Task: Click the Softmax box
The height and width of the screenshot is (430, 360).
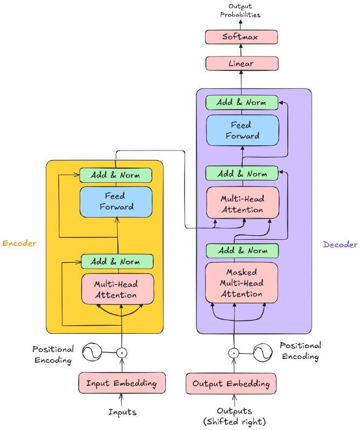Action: pos(242,37)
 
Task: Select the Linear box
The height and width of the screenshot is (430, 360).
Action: pos(242,63)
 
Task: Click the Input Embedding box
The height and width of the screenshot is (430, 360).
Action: pos(121,383)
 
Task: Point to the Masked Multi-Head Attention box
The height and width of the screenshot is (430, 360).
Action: pos(242,283)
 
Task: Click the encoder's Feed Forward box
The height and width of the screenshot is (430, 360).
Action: pos(116,202)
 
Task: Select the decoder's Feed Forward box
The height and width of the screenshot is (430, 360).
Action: pos(242,131)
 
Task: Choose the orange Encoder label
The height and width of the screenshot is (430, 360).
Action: pos(20,243)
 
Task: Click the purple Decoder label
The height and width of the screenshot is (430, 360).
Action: pos(340,245)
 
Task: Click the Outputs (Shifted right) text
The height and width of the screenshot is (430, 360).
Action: pos(234,416)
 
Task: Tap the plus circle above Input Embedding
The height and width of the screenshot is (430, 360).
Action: pos(122,353)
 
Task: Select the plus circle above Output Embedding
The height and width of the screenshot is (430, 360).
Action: pos(234,353)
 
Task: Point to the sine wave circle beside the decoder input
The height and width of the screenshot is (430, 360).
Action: pos(264,353)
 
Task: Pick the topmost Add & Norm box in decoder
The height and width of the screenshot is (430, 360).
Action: pos(242,102)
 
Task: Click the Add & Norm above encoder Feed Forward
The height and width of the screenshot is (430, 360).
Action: pos(116,175)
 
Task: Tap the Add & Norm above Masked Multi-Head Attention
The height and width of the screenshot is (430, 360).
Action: pos(242,250)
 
